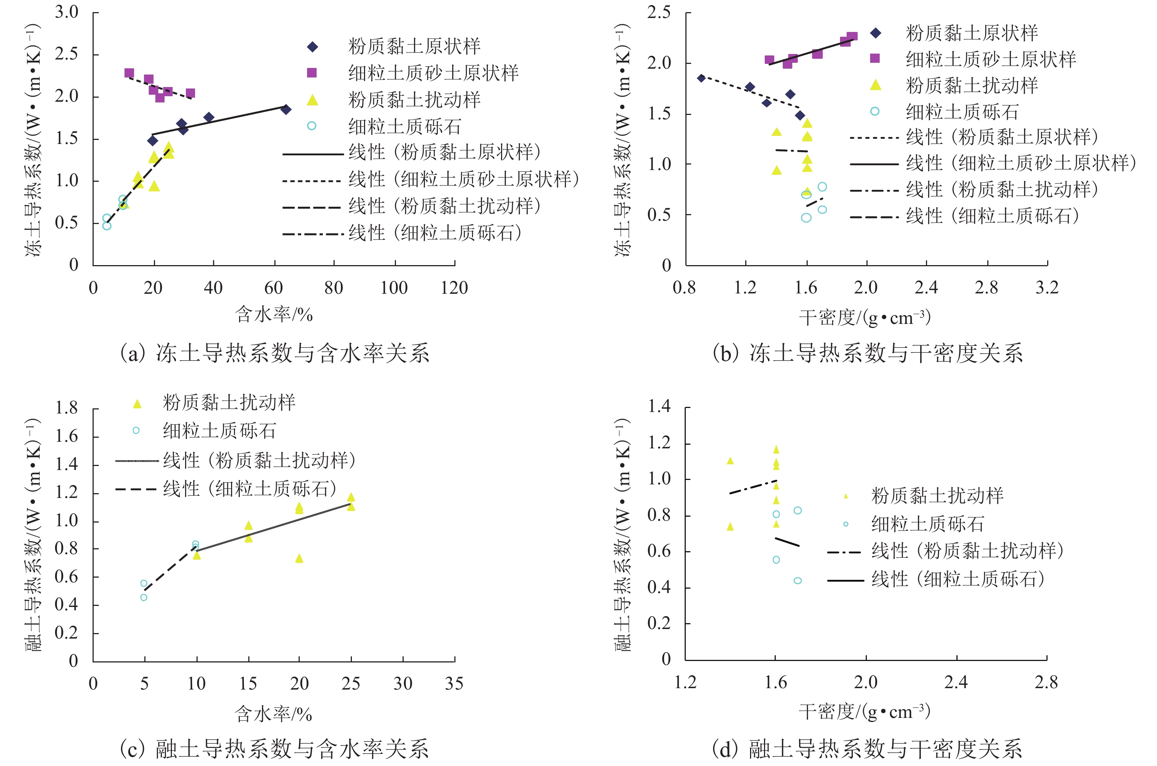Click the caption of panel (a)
click(x=275, y=353)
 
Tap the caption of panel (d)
click(x=866, y=748)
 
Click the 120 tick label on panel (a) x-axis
click(x=454, y=288)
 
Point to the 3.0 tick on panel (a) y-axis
click(x=66, y=12)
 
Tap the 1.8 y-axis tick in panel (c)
click(x=66, y=408)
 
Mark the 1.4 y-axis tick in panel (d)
click(x=659, y=406)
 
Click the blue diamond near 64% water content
click(x=286, y=109)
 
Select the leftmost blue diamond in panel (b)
click(x=701, y=78)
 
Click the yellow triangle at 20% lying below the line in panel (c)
click(x=299, y=559)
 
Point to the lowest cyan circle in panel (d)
click(x=797, y=580)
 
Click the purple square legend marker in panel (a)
click(x=312, y=73)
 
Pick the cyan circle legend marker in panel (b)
click(x=875, y=111)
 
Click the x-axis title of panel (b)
click(x=865, y=318)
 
